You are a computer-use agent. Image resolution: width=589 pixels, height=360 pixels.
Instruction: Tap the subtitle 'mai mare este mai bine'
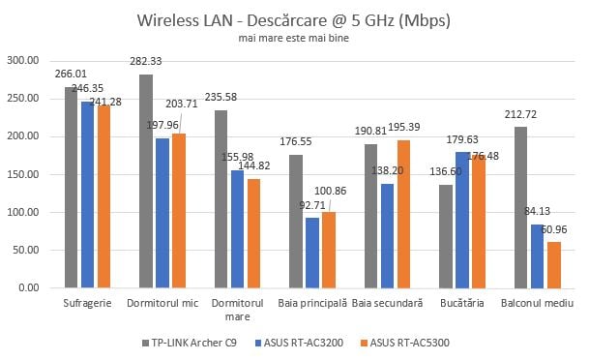pos(294,40)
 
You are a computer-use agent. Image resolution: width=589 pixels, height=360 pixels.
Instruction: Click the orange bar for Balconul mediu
pos(553,264)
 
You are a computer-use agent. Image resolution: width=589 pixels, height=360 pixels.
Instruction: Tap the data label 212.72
pos(521,115)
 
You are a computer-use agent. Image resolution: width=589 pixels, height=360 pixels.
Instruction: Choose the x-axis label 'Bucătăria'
pos(462,303)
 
